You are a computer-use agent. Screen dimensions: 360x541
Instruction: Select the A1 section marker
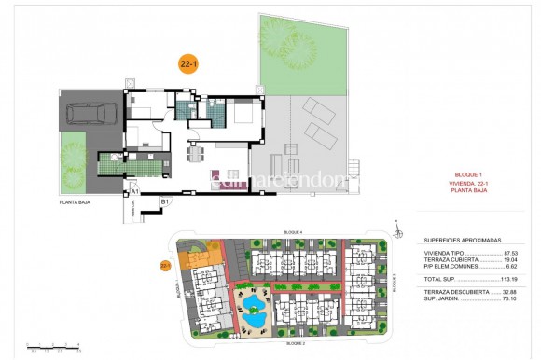(x=134, y=191)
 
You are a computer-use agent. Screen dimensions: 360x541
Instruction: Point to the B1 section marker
(x=165, y=200)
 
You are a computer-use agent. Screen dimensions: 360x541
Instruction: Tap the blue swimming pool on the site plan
(x=253, y=319)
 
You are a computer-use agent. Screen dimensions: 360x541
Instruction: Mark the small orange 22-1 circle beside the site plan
(x=164, y=265)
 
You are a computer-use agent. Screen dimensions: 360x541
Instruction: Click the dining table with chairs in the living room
(x=194, y=152)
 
